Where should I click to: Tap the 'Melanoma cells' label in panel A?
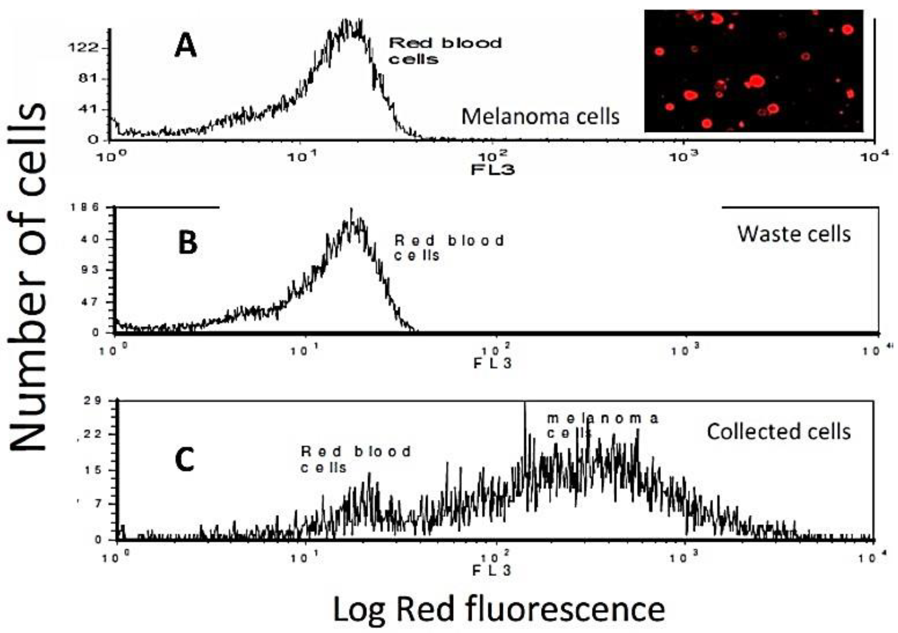(x=540, y=117)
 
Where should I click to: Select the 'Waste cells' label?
(x=794, y=234)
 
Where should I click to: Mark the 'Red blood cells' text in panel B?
(x=449, y=248)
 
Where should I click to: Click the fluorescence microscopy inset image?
(x=754, y=71)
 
